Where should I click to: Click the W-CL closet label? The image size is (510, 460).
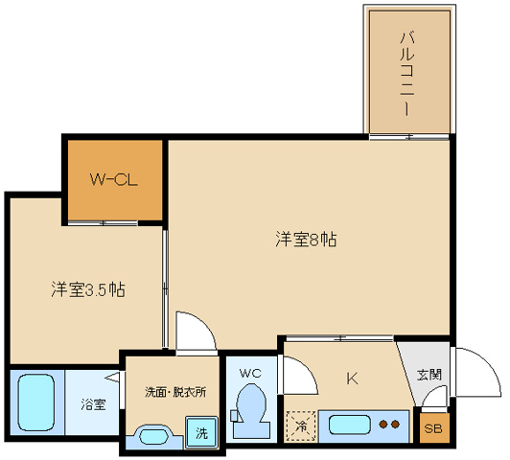pyautogui.click(x=113, y=179)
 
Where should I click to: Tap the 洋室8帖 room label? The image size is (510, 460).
pyautogui.click(x=306, y=240)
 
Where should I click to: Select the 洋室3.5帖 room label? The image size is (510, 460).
pyautogui.click(x=88, y=289)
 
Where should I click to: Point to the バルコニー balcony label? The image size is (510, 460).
pyautogui.click(x=406, y=74)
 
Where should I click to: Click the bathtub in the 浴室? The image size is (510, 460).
pyautogui.click(x=35, y=402)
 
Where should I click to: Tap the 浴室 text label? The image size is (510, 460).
pyautogui.click(x=93, y=404)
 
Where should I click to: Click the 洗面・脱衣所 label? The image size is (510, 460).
pyautogui.click(x=175, y=392)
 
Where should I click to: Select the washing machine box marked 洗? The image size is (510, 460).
pyautogui.click(x=201, y=432)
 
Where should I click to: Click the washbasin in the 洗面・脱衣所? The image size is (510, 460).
pyautogui.click(x=153, y=436)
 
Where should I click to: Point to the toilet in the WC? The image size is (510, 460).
pyautogui.click(x=250, y=410)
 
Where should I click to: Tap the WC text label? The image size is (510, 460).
pyautogui.click(x=250, y=373)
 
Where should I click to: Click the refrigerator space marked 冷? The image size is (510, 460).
pyautogui.click(x=301, y=426)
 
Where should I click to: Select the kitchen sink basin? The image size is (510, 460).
pyautogui.click(x=349, y=425)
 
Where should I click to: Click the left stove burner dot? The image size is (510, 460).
pyautogui.click(x=383, y=425)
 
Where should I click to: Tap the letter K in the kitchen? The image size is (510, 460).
pyautogui.click(x=352, y=379)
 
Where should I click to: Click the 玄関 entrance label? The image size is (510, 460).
pyautogui.click(x=429, y=375)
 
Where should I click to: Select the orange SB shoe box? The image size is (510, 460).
pyautogui.click(x=434, y=427)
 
